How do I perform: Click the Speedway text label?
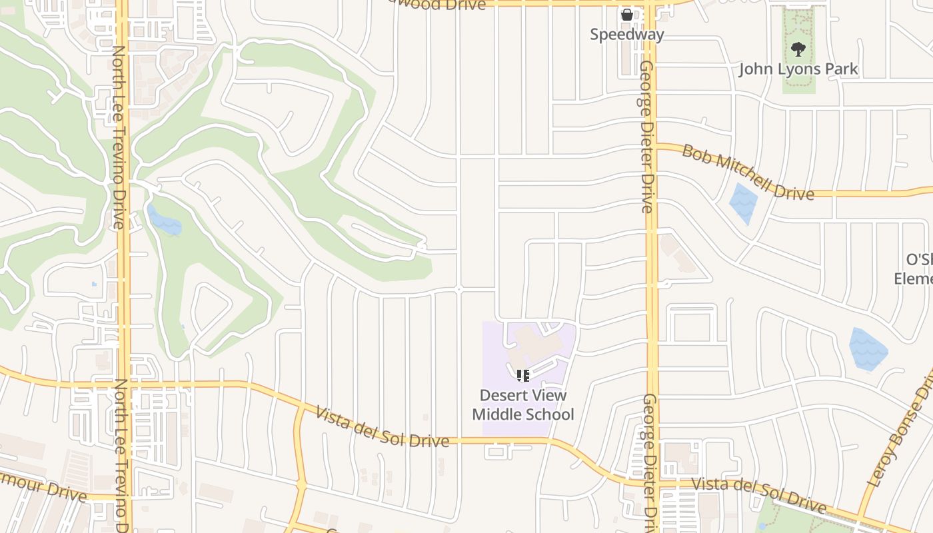[x=626, y=35]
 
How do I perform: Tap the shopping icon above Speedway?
[x=626, y=14]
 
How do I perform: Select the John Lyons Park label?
[x=798, y=69]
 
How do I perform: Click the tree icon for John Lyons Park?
[x=798, y=49]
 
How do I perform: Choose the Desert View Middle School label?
[x=523, y=405]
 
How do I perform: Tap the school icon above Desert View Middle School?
[x=523, y=376]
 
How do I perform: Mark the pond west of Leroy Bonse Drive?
[x=868, y=348]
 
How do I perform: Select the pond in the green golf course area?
[x=164, y=221]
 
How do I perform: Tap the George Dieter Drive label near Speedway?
[x=646, y=137]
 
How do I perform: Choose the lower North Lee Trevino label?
[x=122, y=453]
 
